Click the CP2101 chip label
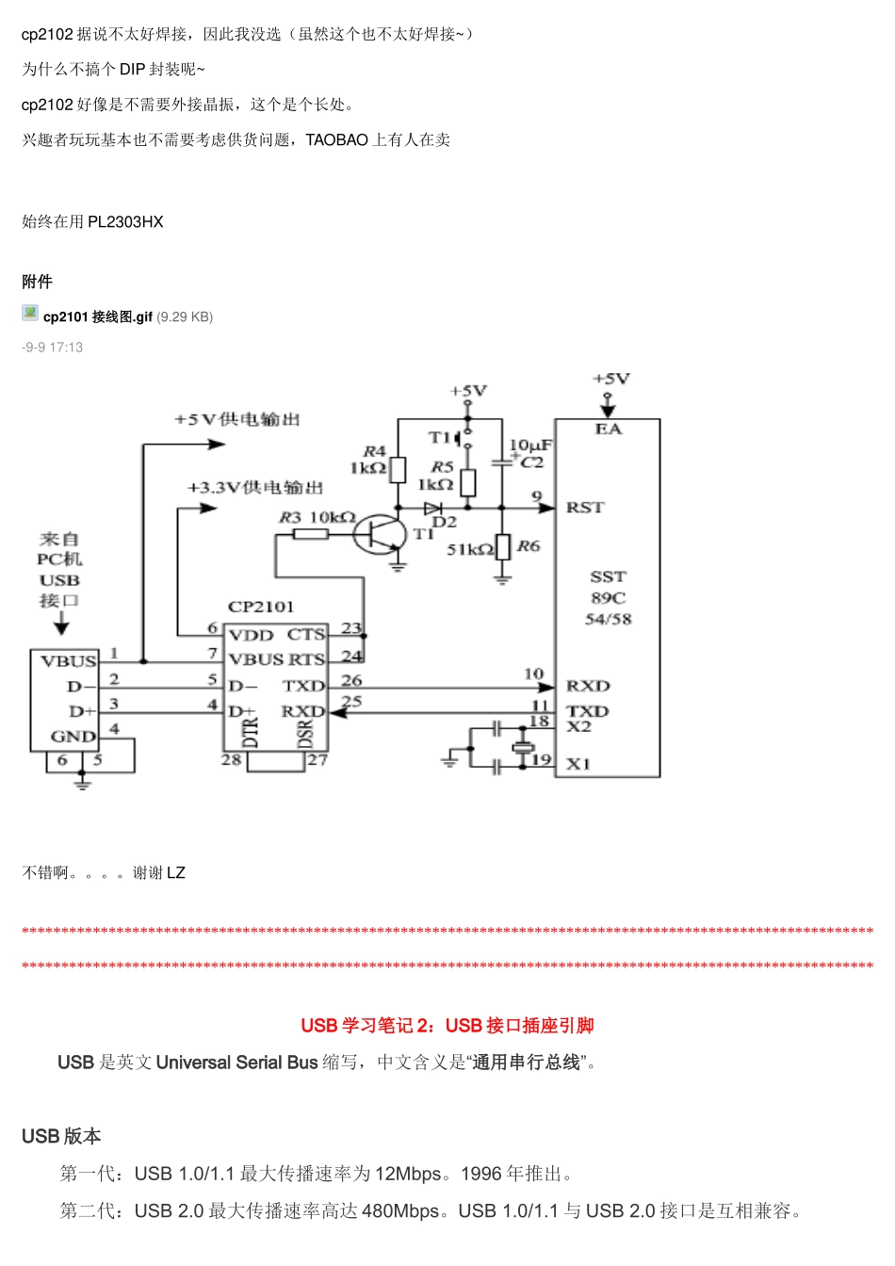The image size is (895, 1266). tap(261, 607)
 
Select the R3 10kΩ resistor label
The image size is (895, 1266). tap(317, 517)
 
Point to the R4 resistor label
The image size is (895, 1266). tap(374, 451)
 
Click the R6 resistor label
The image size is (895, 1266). tap(529, 545)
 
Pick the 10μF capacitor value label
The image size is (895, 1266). tap(530, 445)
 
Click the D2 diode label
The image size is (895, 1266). tap(444, 522)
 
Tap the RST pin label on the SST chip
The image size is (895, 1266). tap(585, 508)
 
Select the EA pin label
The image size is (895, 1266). tap(608, 430)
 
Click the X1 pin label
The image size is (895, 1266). tap(578, 764)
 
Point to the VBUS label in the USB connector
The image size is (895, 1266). tap(69, 661)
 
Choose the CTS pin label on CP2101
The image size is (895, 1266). tap(306, 635)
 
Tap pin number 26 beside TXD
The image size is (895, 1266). tap(351, 679)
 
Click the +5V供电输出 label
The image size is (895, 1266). tap(236, 419)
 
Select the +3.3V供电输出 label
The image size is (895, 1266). tap(255, 487)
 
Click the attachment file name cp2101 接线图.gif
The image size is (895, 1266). tap(98, 317)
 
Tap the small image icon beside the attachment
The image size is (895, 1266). tap(30, 314)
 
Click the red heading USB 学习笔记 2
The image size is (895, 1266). tap(447, 1026)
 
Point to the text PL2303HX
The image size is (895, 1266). tap(125, 222)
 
